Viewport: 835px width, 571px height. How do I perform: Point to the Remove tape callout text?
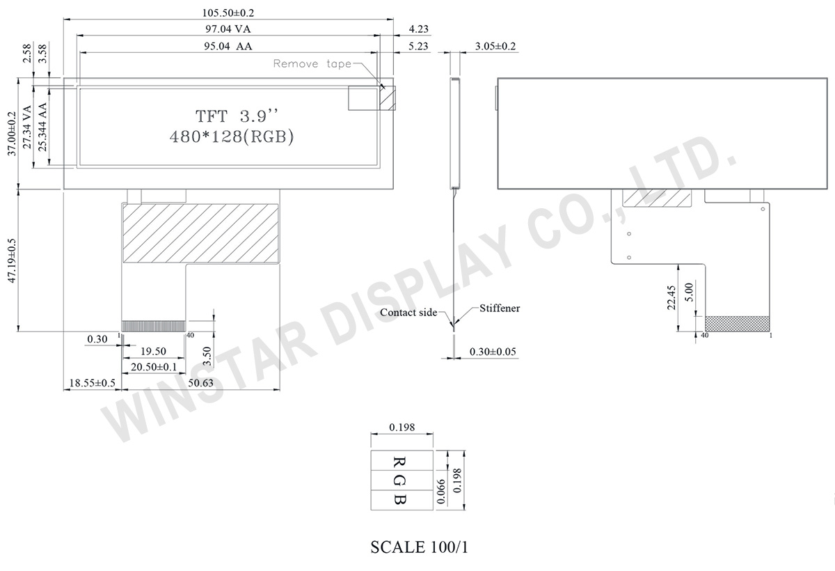pos(312,64)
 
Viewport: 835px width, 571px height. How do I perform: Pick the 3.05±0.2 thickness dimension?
pos(495,47)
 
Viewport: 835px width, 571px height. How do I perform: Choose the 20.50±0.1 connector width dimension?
pos(152,367)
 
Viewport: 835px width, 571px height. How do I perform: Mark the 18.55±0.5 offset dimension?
pos(90,383)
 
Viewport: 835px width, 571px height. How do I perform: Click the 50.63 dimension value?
pos(201,383)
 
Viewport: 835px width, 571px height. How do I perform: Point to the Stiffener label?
pos(499,308)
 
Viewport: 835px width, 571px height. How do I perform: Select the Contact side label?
pos(408,313)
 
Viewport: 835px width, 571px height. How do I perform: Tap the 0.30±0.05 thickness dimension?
pos(493,352)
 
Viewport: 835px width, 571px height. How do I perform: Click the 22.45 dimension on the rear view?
pos(672,297)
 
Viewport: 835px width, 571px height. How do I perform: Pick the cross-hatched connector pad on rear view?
pos(738,324)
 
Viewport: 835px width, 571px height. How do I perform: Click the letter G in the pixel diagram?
pos(400,480)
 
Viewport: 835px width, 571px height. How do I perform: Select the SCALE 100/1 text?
pos(420,547)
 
